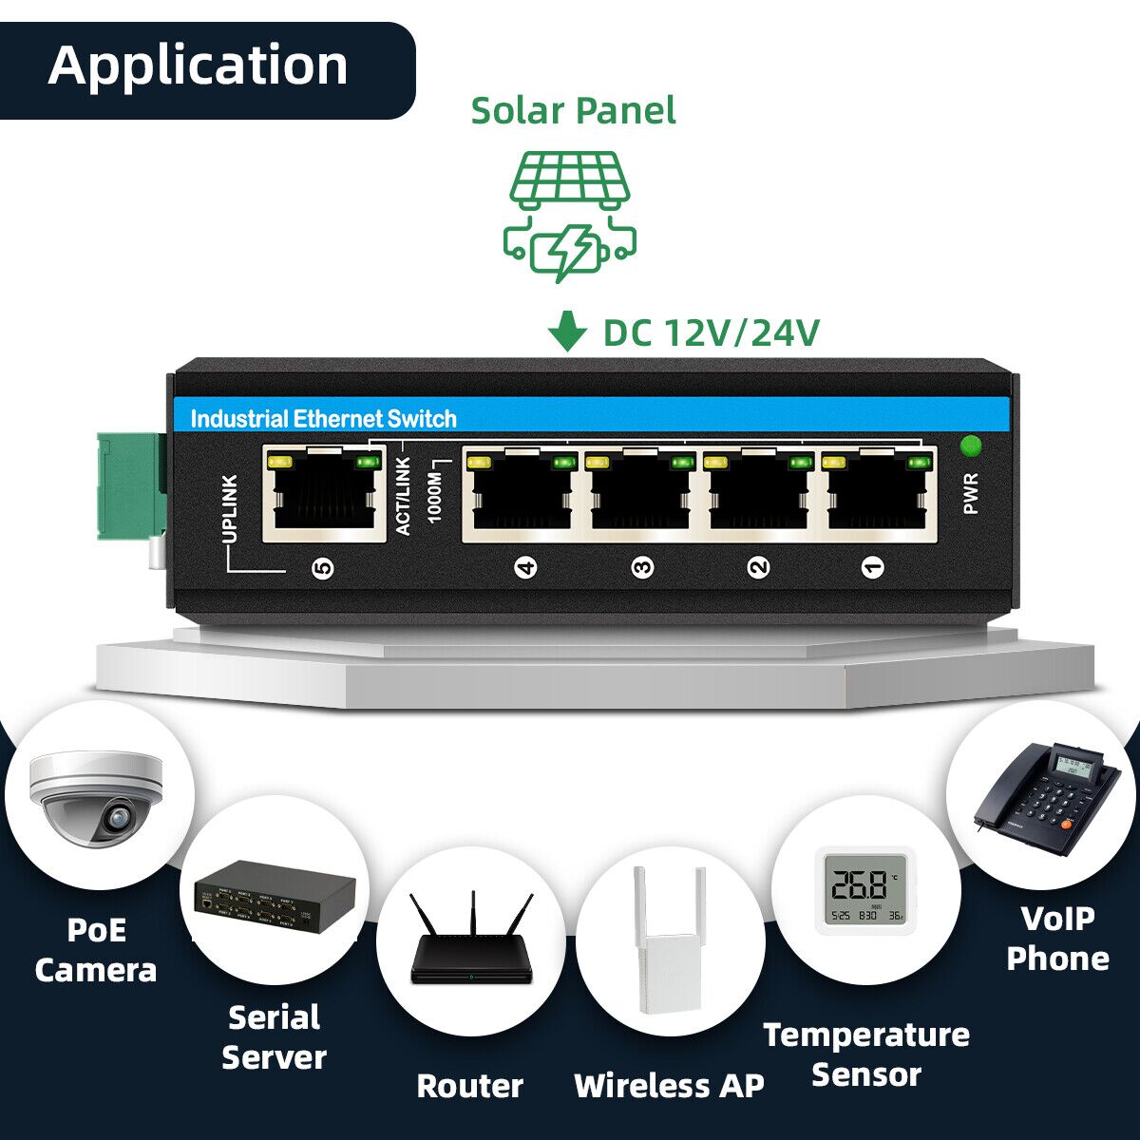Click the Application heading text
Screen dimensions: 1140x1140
pos(198,66)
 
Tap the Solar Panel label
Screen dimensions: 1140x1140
pos(573,110)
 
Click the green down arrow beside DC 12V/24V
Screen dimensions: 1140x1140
pos(567,333)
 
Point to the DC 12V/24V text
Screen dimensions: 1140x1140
pos(711,333)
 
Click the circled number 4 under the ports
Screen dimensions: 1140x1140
pos(525,568)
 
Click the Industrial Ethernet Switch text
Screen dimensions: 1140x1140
pos(323,419)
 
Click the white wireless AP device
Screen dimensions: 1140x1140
pos(669,940)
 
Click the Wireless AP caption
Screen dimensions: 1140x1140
pos(669,1085)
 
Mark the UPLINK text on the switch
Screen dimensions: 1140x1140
pos(229,509)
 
